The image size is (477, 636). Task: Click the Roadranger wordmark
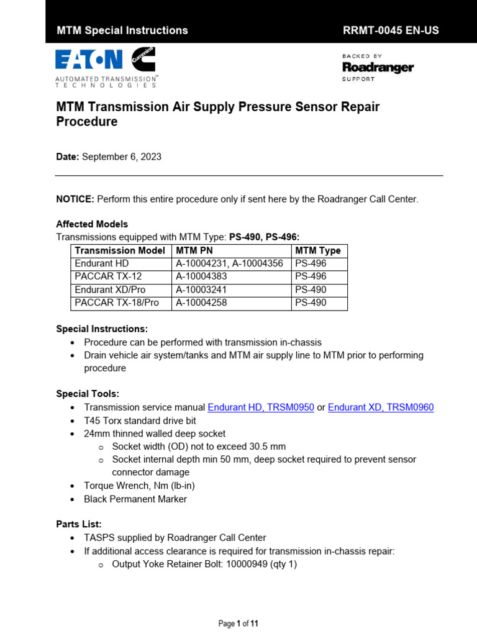tap(378, 67)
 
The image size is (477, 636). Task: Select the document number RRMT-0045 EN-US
tap(391, 30)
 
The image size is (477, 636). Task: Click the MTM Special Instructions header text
tap(122, 30)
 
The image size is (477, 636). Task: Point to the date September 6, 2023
tap(122, 157)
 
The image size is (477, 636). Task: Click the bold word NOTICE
tap(75, 199)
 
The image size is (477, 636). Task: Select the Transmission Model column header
tap(120, 250)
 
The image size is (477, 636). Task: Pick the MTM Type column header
tap(318, 250)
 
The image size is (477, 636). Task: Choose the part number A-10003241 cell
tap(202, 289)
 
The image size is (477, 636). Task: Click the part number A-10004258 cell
tap(202, 302)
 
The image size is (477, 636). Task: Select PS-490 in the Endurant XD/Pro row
tap(311, 289)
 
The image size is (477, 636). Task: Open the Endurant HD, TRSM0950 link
tap(261, 407)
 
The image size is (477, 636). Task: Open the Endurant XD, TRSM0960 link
tap(381, 407)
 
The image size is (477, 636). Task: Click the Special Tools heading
tap(88, 394)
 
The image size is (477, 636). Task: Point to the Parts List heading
tap(79, 524)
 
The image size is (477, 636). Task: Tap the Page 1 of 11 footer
tap(238, 624)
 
